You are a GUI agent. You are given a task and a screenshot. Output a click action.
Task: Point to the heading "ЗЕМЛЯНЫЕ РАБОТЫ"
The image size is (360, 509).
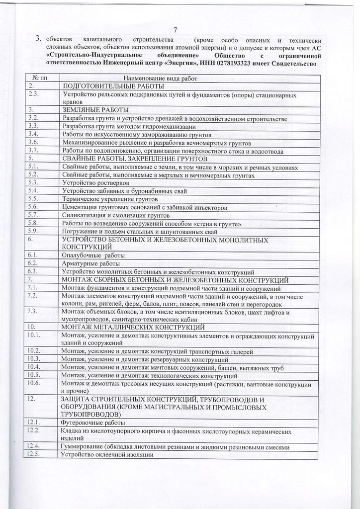pyautogui.click(x=95, y=109)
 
